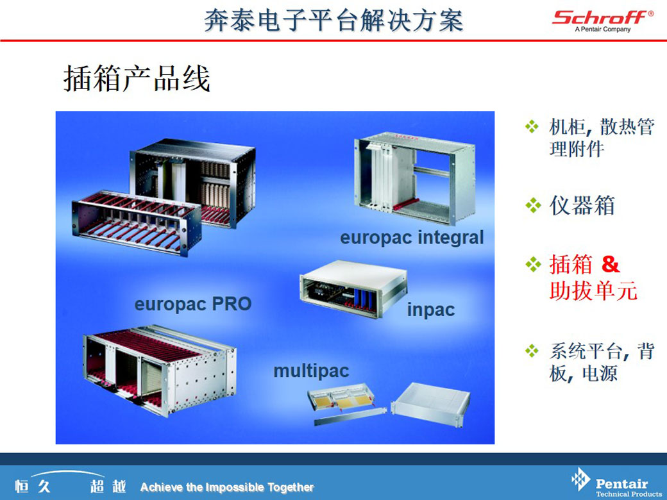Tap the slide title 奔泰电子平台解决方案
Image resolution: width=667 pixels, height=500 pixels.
point(333,20)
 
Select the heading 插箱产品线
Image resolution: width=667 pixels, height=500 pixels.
point(137,78)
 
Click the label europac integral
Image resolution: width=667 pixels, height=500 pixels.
point(412,238)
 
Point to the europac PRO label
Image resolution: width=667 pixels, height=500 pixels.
point(192,304)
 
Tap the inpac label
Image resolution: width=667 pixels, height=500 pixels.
point(430,310)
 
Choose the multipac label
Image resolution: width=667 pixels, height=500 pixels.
point(311,371)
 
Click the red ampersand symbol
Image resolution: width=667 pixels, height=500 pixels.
point(611,264)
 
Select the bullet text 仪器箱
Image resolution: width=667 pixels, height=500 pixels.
point(582,206)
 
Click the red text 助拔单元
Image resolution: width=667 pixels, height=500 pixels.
point(593,291)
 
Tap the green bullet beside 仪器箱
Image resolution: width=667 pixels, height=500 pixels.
point(532,206)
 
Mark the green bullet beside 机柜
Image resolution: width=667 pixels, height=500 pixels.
point(532,126)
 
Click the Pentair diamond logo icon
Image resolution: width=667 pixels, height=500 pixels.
point(580,479)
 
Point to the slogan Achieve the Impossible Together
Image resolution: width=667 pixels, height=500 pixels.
point(227,487)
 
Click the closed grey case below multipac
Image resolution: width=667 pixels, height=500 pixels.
point(430,403)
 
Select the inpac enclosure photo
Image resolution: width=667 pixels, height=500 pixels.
point(353,288)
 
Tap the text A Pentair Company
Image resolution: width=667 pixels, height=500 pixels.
point(602,29)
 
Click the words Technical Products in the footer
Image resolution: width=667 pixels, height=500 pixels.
point(629,494)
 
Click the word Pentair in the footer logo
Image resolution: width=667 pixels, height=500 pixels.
point(621,483)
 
